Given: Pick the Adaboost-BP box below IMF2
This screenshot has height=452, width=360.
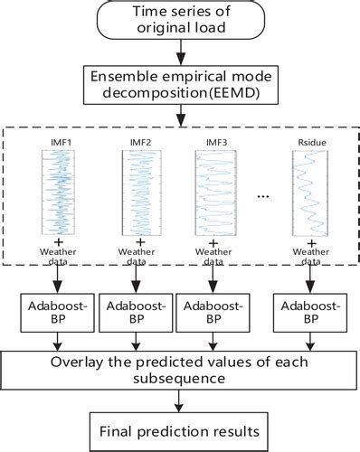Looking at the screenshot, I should point(135,313).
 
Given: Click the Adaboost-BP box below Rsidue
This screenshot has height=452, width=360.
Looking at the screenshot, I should point(307,313).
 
